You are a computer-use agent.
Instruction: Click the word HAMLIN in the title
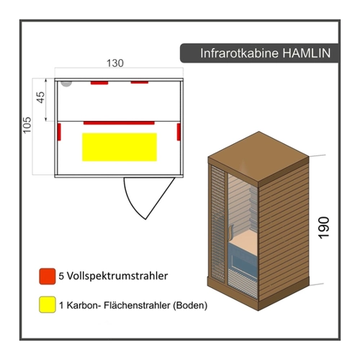[306, 53]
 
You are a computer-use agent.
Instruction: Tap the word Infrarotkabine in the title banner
[239, 53]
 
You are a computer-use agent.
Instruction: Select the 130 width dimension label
[115, 63]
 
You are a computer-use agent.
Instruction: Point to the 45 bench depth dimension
[41, 97]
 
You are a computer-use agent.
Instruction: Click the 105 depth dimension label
[27, 125]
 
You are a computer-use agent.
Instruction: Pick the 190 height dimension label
[323, 228]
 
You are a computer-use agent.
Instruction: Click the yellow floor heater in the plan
[120, 147]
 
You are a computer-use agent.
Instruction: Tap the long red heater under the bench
[119, 123]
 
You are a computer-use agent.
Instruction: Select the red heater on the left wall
[59, 132]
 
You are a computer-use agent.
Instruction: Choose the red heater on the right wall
[179, 132]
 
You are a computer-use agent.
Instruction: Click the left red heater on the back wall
[99, 83]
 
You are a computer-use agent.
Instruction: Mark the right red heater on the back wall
[140, 83]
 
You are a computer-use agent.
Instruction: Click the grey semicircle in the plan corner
[66, 84]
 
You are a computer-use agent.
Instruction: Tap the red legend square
[48, 276]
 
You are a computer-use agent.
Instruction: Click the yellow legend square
[48, 305]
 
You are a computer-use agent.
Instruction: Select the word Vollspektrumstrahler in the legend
[117, 276]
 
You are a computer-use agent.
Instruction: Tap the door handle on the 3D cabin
[230, 232]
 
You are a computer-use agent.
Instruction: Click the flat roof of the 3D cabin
[258, 158]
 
